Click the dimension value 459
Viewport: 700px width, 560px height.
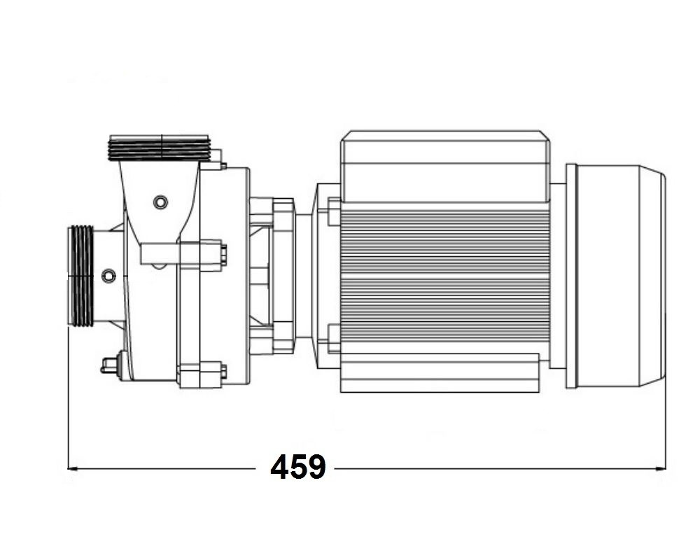298,467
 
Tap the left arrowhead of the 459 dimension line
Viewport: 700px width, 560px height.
73,469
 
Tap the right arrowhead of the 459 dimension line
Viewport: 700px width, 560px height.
660,469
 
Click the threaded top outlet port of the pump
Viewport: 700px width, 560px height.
160,148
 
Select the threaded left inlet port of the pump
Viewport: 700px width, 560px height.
80,276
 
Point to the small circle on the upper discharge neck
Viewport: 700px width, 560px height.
160,202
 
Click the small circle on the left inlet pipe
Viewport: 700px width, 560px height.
108,276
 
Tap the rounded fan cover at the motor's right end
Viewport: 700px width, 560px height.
616,276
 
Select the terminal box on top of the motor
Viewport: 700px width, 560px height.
445,167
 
